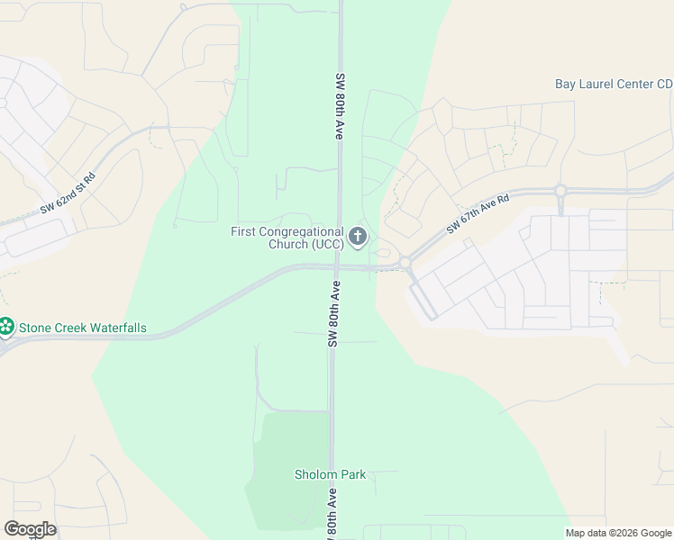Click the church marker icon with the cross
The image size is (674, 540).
click(x=358, y=237)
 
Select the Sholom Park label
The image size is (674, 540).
click(x=330, y=474)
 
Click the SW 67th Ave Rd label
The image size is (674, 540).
click(x=478, y=214)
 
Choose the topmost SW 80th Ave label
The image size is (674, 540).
click(x=341, y=105)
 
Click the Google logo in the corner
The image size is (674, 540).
click(x=30, y=529)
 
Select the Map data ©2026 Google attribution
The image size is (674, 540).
click(x=618, y=533)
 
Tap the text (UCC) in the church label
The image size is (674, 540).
click(x=328, y=245)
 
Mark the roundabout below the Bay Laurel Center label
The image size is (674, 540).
click(x=560, y=190)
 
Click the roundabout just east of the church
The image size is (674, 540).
click(x=405, y=263)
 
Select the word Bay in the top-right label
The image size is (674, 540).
click(x=565, y=84)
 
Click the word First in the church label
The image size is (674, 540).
click(x=243, y=231)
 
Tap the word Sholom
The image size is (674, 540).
click(x=314, y=474)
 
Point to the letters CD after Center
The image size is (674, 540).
click(x=664, y=84)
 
